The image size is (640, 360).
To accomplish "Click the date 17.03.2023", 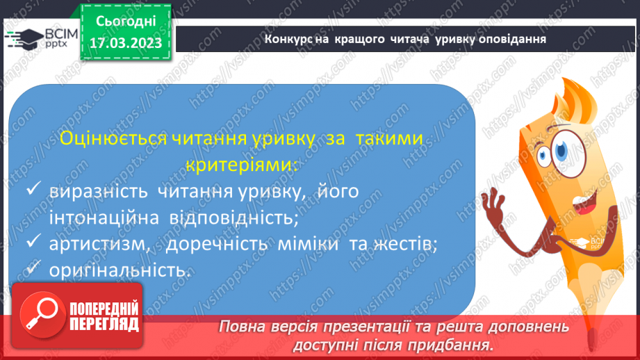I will pos(125,44).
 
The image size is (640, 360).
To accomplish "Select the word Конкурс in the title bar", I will pos(286,38).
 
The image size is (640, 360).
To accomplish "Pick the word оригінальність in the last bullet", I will pos(120,270).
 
